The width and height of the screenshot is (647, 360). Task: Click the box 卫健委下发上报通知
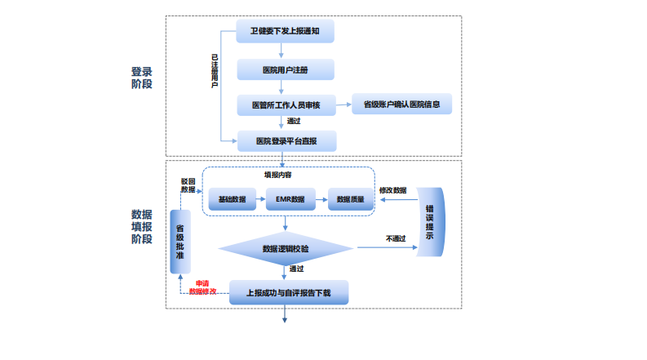point(286,33)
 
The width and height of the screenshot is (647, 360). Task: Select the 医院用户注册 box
point(286,69)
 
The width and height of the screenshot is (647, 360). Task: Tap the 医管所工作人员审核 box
point(286,105)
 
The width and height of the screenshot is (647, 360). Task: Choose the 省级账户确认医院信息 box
point(401,104)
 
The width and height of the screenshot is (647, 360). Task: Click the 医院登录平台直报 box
point(286,141)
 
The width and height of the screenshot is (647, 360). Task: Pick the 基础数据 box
point(233,199)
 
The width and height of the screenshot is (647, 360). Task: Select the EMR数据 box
point(290,199)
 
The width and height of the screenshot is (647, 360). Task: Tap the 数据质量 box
point(350,199)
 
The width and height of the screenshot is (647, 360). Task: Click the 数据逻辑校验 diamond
point(286,248)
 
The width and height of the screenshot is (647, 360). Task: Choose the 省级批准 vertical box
point(179,241)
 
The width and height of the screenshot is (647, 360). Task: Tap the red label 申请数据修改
point(202,287)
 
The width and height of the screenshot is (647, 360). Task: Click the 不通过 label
point(395,238)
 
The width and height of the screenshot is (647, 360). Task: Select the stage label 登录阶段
point(142,77)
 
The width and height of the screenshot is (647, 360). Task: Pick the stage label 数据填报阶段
point(142,227)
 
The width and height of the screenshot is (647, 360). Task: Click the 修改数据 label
point(392,189)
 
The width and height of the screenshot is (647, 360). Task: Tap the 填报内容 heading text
point(277,175)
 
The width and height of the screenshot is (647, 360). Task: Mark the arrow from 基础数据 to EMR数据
point(259,199)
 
